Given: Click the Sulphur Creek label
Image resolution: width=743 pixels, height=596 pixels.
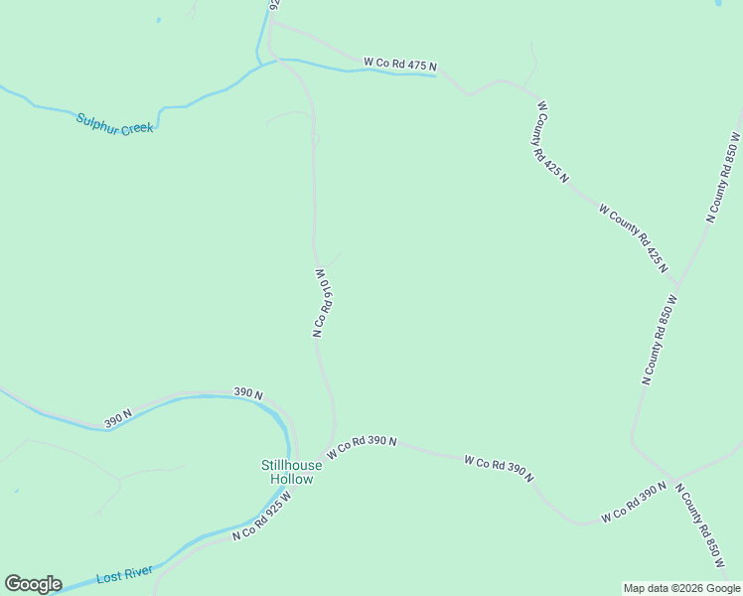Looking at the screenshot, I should click(x=115, y=123).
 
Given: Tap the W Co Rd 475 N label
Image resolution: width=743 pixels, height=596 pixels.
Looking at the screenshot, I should click(x=400, y=64).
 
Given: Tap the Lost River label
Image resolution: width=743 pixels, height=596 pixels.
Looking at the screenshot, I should click(x=124, y=575).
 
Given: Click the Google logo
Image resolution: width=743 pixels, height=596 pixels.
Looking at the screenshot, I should click(x=33, y=584).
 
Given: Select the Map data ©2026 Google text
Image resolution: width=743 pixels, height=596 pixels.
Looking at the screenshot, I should click(x=681, y=588).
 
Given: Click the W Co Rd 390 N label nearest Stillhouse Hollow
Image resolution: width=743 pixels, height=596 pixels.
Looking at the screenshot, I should click(x=363, y=447).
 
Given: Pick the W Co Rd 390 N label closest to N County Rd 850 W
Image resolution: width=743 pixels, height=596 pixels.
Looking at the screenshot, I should click(x=634, y=504).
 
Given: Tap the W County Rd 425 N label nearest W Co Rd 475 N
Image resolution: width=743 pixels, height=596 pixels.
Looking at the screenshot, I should click(x=552, y=142).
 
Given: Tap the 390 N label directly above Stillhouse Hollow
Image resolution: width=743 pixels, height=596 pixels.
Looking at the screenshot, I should click(x=248, y=394).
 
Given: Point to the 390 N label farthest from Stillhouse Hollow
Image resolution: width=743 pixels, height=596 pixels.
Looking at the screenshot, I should click(x=118, y=421).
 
